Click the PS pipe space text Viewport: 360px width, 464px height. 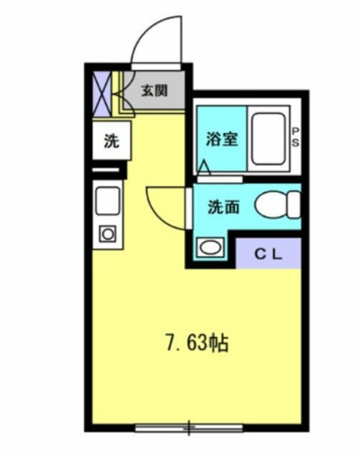pyautogui.click(x=296, y=136)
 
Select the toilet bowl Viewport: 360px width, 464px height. pyautogui.click(x=280, y=204)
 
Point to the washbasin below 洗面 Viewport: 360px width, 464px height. pyautogui.click(x=210, y=247)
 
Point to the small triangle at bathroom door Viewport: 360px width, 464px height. pyautogui.click(x=205, y=168)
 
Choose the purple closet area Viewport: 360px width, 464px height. pyautogui.click(x=269, y=253)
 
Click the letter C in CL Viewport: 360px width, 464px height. pyautogui.click(x=261, y=254)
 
